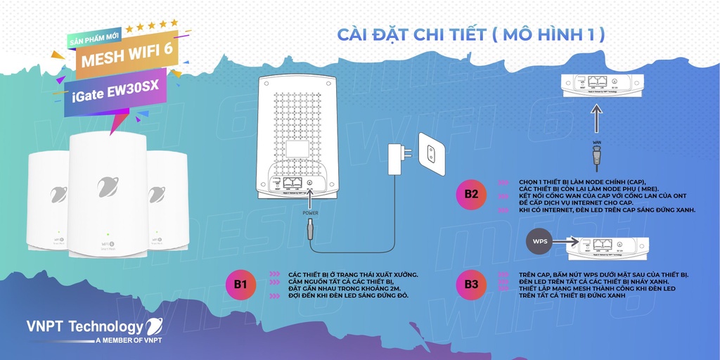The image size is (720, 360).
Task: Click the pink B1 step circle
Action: point(240,284)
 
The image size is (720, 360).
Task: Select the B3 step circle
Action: point(471,284)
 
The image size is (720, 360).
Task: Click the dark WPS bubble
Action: point(540,241)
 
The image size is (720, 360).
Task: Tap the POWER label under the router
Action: point(310,212)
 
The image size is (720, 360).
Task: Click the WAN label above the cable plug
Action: point(597,143)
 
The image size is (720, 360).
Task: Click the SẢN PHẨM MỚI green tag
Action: point(96,39)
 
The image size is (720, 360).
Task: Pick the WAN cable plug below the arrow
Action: point(597,159)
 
